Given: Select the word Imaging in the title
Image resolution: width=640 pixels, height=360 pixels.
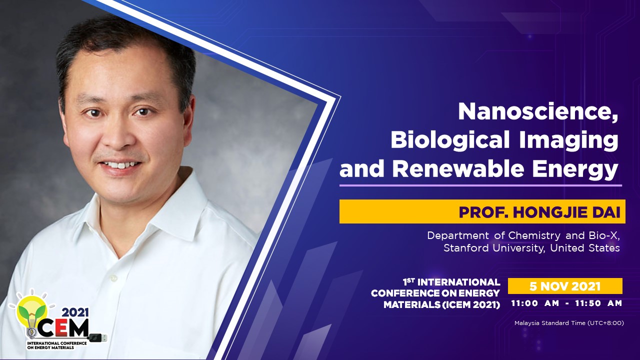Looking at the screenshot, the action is click(568, 139).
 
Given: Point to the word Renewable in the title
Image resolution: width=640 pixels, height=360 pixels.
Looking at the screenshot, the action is click(458, 169).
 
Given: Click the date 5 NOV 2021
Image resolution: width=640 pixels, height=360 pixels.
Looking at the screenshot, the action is click(565, 286).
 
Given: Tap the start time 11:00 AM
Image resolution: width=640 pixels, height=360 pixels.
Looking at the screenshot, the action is click(535, 303).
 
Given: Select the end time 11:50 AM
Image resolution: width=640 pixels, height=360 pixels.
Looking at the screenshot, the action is click(598, 303).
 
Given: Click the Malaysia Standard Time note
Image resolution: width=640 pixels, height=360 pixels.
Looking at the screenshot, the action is click(569, 323).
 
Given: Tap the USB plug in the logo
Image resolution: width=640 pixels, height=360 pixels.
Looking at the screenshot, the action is click(98, 337).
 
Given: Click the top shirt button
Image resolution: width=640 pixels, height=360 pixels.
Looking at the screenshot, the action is click(114, 277).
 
